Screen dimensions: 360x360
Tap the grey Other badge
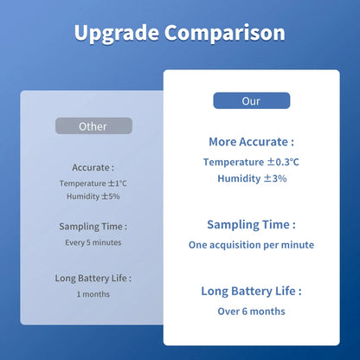point(93,126)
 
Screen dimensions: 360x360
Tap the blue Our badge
point(251,101)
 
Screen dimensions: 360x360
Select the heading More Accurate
point(251,141)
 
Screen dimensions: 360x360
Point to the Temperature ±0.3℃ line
point(251,162)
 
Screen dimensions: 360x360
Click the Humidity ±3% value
point(251,178)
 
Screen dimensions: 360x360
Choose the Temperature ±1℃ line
point(93,183)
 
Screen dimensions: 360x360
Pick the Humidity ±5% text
point(93,196)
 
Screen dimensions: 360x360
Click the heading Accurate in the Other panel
point(93,167)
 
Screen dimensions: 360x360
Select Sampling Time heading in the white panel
point(251,224)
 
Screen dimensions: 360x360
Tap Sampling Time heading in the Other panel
point(93,226)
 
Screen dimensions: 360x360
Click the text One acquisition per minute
point(251,245)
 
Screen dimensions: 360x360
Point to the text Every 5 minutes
point(93,242)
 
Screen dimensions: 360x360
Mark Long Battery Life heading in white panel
point(251,292)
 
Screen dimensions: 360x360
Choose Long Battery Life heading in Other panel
point(93,278)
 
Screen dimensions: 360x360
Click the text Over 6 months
point(251,312)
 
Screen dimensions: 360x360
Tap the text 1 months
point(93,294)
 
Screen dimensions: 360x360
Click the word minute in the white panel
point(296,245)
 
